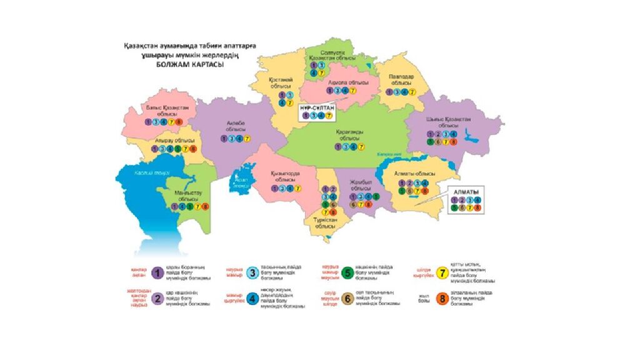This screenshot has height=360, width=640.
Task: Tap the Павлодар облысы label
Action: (401, 79)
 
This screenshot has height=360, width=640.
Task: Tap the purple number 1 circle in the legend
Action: (157, 272)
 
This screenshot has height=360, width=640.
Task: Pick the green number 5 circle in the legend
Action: (347, 272)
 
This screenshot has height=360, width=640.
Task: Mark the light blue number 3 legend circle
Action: (252, 272)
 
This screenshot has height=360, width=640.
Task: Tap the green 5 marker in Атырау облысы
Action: (177, 149)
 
